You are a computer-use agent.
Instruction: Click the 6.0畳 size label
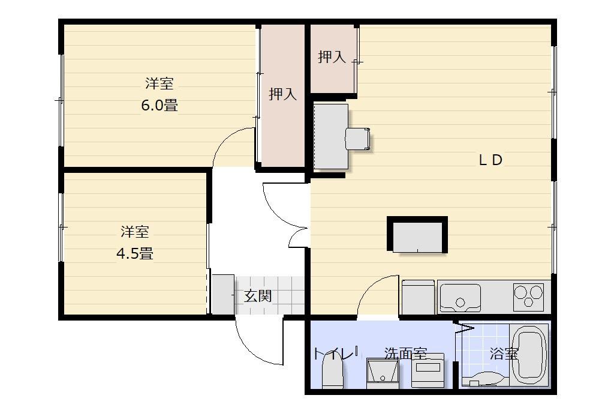159,105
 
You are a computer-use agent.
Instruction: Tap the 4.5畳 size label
135,254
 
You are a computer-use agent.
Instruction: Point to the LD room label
490,160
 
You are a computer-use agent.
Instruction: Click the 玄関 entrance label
258,296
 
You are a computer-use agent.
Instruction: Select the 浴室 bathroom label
504,354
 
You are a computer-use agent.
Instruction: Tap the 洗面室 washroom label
406,354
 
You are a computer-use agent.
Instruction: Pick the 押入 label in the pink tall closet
282,94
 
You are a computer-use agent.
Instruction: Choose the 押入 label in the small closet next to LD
332,57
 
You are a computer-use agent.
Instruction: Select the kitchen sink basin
460,298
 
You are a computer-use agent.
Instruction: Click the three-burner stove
528,297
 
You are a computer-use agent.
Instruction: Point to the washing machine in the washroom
428,370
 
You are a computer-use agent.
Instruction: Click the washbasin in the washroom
383,373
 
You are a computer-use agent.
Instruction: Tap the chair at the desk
357,139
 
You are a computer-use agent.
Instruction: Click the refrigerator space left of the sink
418,297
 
